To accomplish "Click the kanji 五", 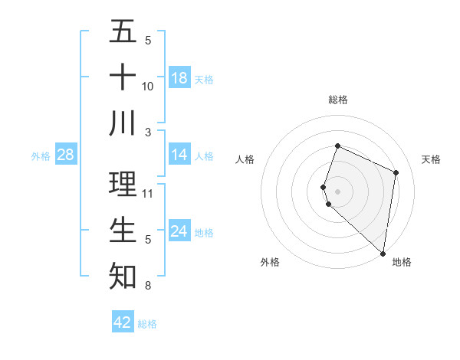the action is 123,32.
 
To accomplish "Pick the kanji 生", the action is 123,230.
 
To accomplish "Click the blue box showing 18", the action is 179,78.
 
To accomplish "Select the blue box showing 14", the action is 179,155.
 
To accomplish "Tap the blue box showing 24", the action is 179,231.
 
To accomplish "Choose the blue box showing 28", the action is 66,155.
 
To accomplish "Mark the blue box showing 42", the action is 123,322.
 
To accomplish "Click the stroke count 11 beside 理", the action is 148,193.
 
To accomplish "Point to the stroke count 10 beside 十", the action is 148,86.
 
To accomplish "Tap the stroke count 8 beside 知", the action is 148,286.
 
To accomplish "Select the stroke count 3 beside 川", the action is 148,132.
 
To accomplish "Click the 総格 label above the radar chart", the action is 338,100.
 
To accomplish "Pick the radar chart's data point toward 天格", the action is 396,172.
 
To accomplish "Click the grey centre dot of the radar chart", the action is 338,191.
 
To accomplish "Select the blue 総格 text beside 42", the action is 148,324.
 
